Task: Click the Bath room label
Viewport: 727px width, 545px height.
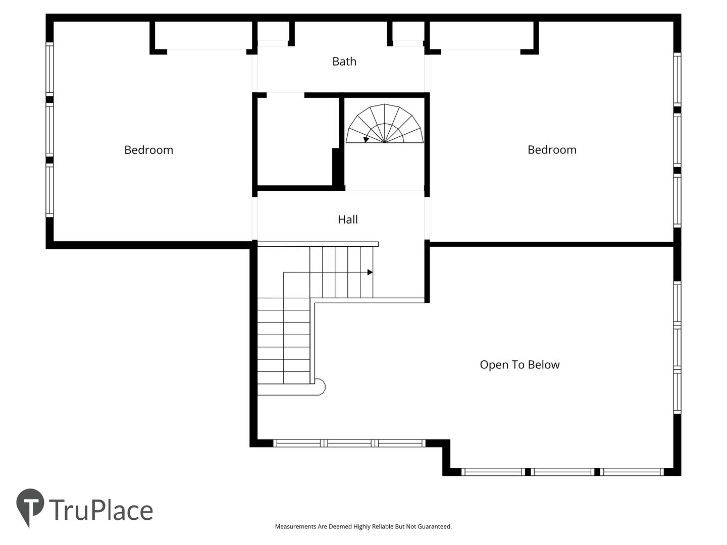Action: (x=344, y=62)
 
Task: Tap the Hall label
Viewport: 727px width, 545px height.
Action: (x=347, y=220)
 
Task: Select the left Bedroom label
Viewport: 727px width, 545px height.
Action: (x=149, y=150)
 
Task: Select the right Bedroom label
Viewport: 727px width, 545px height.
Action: (x=552, y=150)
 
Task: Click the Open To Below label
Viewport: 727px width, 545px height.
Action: (x=520, y=365)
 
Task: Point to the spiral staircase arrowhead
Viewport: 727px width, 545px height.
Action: (x=366, y=139)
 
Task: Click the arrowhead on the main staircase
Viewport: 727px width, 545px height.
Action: (x=370, y=272)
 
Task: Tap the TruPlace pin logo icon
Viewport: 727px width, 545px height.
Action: (x=30, y=505)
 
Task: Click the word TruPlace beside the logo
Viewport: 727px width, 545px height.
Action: (x=101, y=510)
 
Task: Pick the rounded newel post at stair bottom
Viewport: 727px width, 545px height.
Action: (x=320, y=387)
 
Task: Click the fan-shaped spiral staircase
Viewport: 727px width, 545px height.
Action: (x=385, y=124)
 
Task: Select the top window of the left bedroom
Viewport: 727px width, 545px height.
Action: (x=49, y=69)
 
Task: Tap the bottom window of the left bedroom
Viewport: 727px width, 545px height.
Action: (x=49, y=190)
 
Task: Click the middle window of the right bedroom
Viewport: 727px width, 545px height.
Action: (x=677, y=140)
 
